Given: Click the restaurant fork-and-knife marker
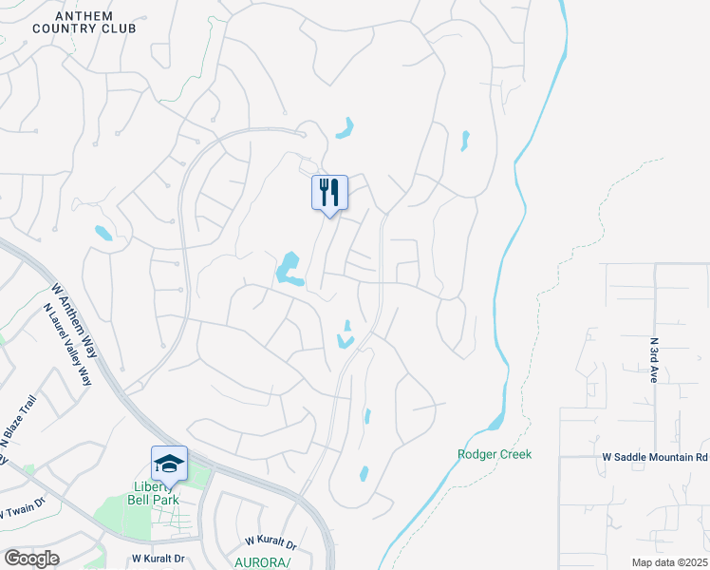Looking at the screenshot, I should click(x=329, y=192).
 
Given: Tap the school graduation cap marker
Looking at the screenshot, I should click(x=169, y=464).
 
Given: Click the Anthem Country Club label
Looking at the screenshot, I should click(x=84, y=23).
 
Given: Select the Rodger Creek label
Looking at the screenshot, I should click(x=495, y=454).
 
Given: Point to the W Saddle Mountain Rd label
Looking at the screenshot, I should click(x=655, y=458).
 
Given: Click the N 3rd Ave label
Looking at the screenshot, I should click(x=654, y=359).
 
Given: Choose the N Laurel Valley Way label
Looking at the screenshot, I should click(x=67, y=344).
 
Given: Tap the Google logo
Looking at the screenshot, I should click(x=31, y=559).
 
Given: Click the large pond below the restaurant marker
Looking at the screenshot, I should click(x=289, y=270).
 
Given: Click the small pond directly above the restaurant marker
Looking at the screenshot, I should click(x=345, y=128).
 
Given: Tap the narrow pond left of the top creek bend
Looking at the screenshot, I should click(x=464, y=141).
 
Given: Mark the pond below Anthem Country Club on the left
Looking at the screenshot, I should click(x=103, y=233).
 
